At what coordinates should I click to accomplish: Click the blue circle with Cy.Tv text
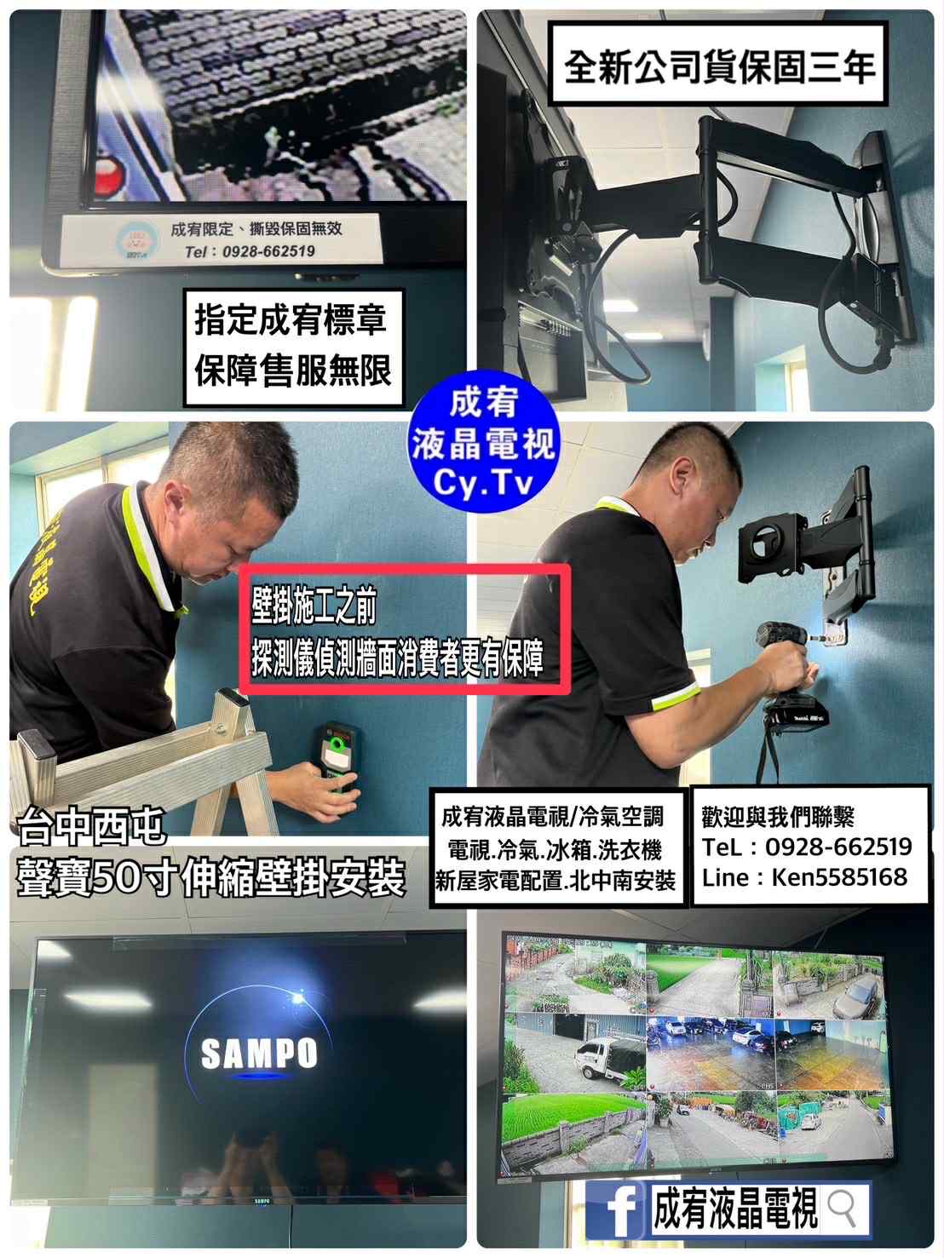coord(484,442)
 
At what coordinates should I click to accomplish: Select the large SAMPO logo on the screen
coord(259,1053)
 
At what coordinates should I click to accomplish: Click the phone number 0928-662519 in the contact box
coord(838,847)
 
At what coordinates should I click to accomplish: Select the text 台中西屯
coord(91,826)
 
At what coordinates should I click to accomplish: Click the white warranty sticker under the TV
coord(221,240)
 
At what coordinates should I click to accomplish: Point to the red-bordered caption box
coord(405,629)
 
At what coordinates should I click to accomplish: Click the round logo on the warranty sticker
coord(137,241)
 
